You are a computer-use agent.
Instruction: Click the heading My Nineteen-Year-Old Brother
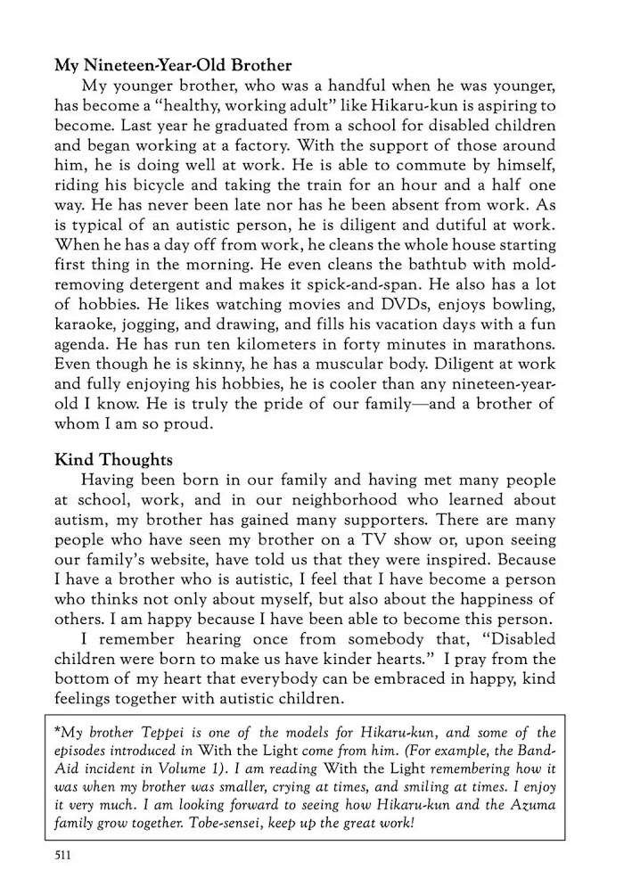(x=174, y=65)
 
